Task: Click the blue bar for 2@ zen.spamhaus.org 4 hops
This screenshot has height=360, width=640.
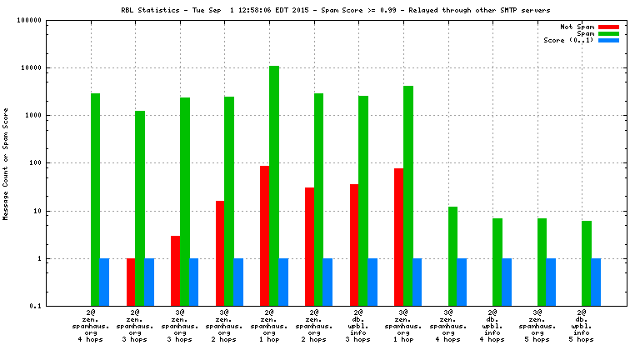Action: pos(105,282)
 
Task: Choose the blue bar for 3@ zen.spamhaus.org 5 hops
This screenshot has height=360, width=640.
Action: pos(551,282)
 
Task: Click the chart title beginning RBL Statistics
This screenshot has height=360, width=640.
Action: pos(320,9)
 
